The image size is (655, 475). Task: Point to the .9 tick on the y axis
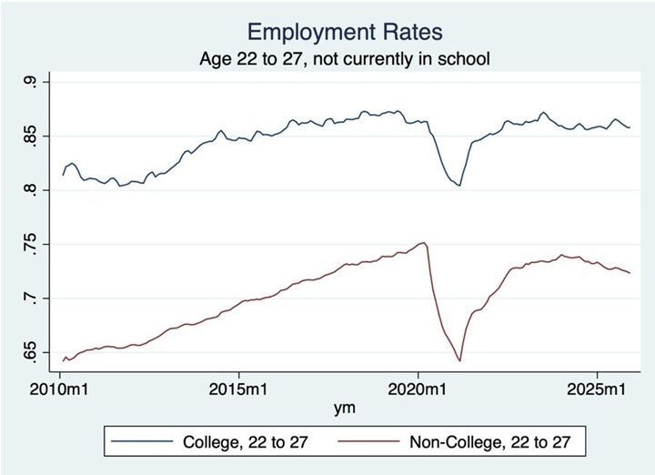pos(34,83)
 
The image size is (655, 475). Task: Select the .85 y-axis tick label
pos(34,136)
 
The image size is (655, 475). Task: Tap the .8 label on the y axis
pos(34,190)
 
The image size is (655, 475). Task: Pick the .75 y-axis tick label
pos(34,245)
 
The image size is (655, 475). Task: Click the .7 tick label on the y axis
pos(34,298)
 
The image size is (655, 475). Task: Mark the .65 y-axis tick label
pos(34,352)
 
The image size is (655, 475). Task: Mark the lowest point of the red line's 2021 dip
pos(460,361)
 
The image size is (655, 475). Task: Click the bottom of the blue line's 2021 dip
pos(459,186)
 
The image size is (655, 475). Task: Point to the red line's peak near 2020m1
pos(423,243)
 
